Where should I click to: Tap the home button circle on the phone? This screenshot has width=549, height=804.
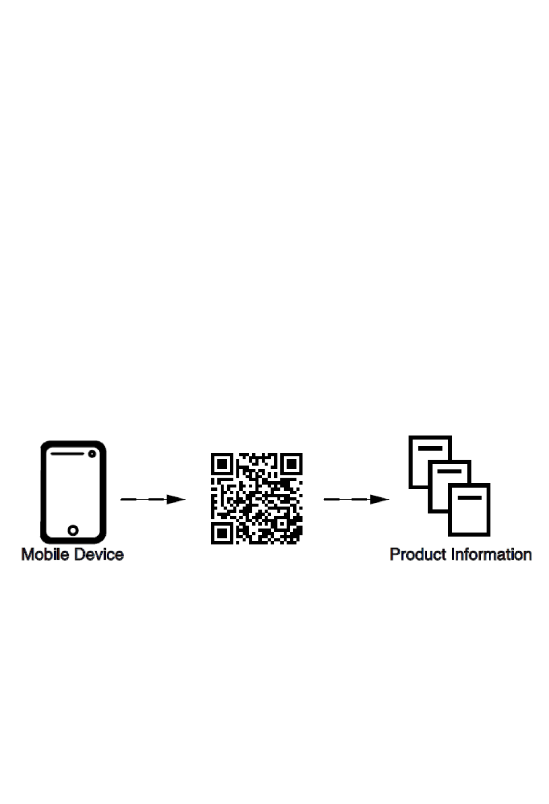pos(73,530)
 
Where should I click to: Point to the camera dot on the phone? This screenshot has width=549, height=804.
pos(92,454)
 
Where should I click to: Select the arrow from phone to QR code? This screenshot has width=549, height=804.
pos(151,499)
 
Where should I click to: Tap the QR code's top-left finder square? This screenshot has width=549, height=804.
pos(221,464)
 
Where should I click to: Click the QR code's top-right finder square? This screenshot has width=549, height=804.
pos(291,464)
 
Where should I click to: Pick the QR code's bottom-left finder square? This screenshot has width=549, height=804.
pos(221,533)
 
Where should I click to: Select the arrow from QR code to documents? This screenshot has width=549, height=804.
pos(355,499)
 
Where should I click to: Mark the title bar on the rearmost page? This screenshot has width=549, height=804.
pos(430,448)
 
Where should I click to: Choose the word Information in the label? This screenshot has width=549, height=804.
pos(492,554)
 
